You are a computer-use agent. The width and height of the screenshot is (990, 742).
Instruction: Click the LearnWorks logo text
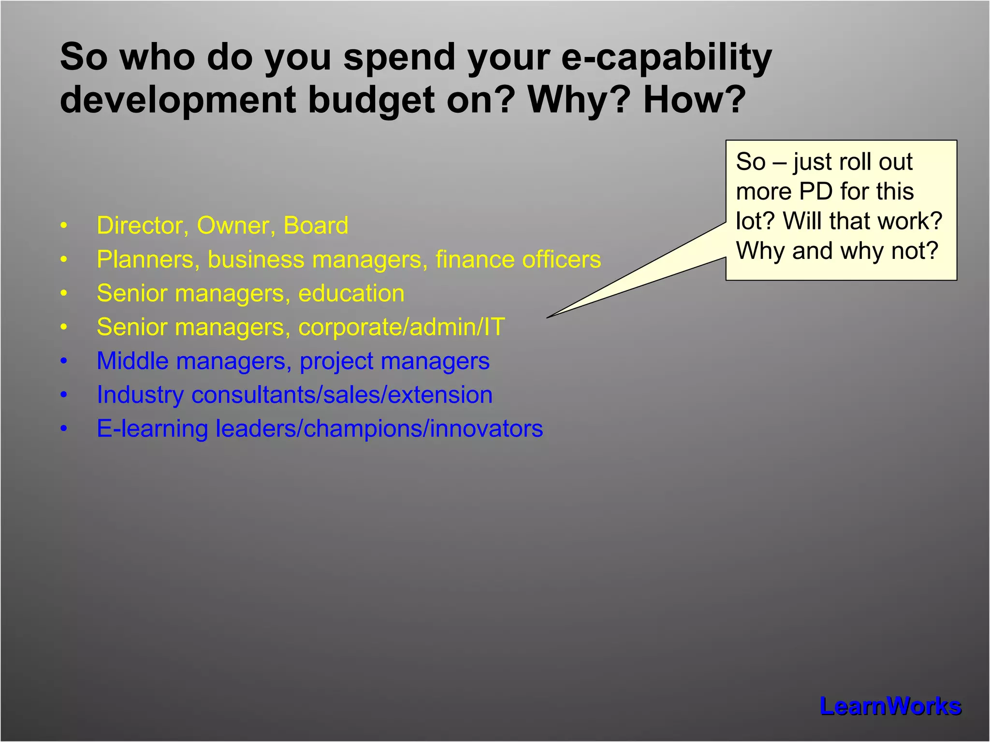[x=890, y=706]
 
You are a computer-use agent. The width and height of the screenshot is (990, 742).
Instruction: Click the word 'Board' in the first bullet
[x=316, y=226]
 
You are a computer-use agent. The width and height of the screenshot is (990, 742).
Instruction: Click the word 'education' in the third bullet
[x=351, y=294]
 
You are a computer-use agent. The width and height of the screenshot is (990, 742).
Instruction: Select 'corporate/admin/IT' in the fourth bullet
[x=402, y=328]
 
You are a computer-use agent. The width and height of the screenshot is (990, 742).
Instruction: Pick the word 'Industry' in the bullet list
[x=140, y=395]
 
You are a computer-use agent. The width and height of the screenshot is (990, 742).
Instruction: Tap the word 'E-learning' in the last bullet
[x=152, y=429]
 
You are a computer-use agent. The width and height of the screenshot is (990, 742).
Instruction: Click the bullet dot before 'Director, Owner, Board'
[x=64, y=226]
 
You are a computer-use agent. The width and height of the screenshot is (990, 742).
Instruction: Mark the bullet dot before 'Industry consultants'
[x=64, y=395]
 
